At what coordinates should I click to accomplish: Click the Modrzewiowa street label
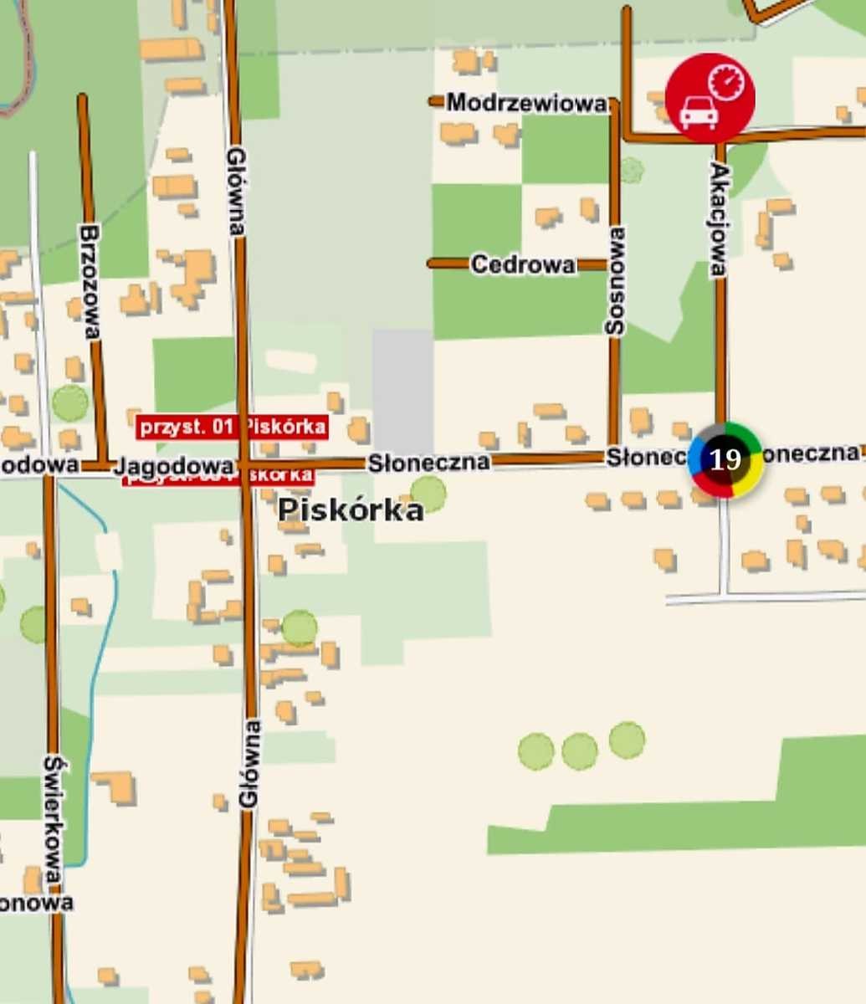coord(526,104)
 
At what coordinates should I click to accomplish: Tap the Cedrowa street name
coord(523,265)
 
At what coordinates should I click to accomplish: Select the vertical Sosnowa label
coord(616,281)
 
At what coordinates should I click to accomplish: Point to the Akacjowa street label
coord(719,219)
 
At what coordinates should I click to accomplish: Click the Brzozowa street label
coord(91,281)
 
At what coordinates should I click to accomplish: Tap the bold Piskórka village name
coord(351,510)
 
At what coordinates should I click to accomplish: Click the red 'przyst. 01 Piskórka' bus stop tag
coord(232,427)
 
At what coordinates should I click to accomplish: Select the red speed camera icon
coord(710,97)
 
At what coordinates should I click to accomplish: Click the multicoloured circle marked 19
coord(725,459)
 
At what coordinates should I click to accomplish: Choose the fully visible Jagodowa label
coord(173,464)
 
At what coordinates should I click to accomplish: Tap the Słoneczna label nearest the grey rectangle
coord(428,462)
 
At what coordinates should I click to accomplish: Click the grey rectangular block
coord(402,390)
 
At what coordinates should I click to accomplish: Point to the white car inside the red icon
coord(697,113)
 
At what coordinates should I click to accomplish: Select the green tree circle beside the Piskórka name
coord(428,493)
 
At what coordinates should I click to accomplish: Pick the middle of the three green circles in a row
coord(579,750)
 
